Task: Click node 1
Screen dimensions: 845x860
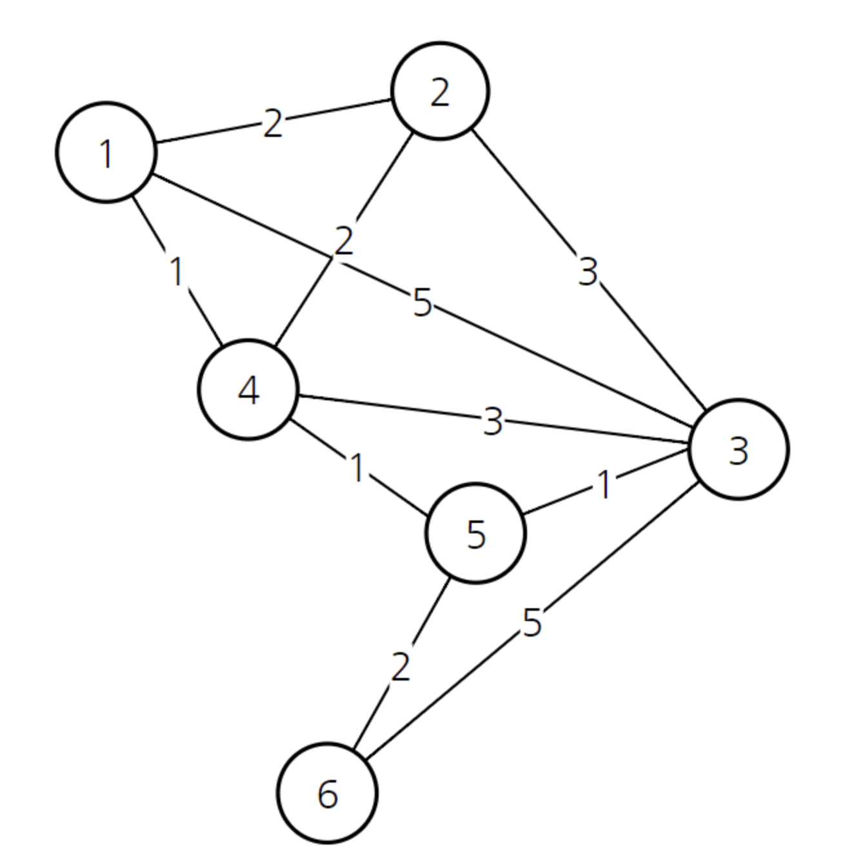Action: point(106,152)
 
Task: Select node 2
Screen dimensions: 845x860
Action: point(440,91)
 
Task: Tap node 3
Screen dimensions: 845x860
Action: point(739,449)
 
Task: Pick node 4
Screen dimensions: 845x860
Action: point(248,389)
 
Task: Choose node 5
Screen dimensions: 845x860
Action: point(476,533)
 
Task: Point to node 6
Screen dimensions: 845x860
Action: point(327,793)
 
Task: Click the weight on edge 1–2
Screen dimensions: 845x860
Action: point(272,123)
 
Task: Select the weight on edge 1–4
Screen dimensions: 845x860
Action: point(177,271)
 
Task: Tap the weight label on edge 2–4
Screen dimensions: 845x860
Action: point(344,241)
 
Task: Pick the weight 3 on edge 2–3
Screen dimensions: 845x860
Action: point(587,271)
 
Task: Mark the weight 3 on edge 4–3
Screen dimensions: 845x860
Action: point(493,421)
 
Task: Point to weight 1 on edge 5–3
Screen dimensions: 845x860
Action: point(604,485)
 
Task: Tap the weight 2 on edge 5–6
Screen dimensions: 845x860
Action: point(401,667)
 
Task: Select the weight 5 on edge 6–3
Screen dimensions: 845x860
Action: point(532,622)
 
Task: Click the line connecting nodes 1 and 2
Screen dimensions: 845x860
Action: point(273,121)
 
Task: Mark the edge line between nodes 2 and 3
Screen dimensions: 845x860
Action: point(589,269)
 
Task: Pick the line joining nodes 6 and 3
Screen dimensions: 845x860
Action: point(532,621)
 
